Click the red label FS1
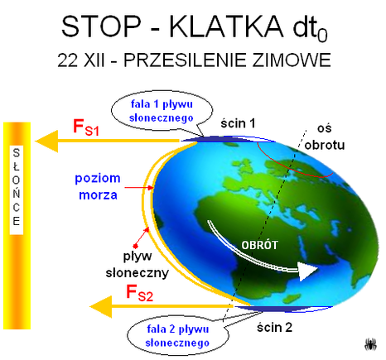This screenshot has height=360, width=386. [x=86, y=127]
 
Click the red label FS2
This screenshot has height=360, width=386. [x=139, y=293]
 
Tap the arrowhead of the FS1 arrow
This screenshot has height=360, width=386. [x=46, y=142]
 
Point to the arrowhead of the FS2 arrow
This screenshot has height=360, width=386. [x=101, y=306]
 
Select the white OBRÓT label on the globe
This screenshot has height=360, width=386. [x=259, y=245]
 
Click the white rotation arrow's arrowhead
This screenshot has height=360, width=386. [x=308, y=271]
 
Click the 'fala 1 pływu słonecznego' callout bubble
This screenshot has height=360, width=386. [x=162, y=111]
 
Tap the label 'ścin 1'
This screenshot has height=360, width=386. [x=238, y=123]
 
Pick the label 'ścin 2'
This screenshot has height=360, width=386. [x=274, y=328]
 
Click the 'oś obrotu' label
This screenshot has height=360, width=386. [x=325, y=137]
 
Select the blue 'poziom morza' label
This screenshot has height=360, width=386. [x=98, y=187]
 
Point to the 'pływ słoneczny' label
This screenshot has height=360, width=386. [x=138, y=264]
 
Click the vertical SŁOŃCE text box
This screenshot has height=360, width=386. [x=17, y=190]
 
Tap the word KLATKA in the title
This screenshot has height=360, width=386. [x=226, y=26]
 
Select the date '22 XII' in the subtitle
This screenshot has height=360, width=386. [x=81, y=60]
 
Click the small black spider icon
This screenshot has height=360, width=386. [x=370, y=344]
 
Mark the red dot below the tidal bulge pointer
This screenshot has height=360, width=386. [x=135, y=246]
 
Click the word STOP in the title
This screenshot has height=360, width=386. [x=101, y=26]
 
